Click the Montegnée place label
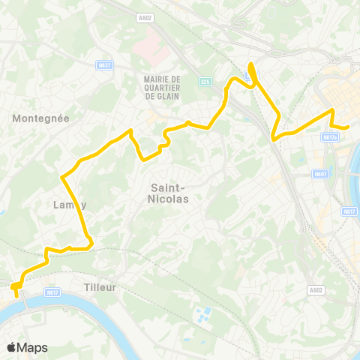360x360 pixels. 41,118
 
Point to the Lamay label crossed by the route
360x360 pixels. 70,204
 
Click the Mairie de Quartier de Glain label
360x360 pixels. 161,87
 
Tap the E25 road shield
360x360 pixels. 205,81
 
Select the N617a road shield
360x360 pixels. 328,137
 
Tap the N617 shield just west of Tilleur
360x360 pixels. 52,292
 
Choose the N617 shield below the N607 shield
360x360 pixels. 349,212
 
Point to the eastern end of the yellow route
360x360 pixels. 349,127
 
